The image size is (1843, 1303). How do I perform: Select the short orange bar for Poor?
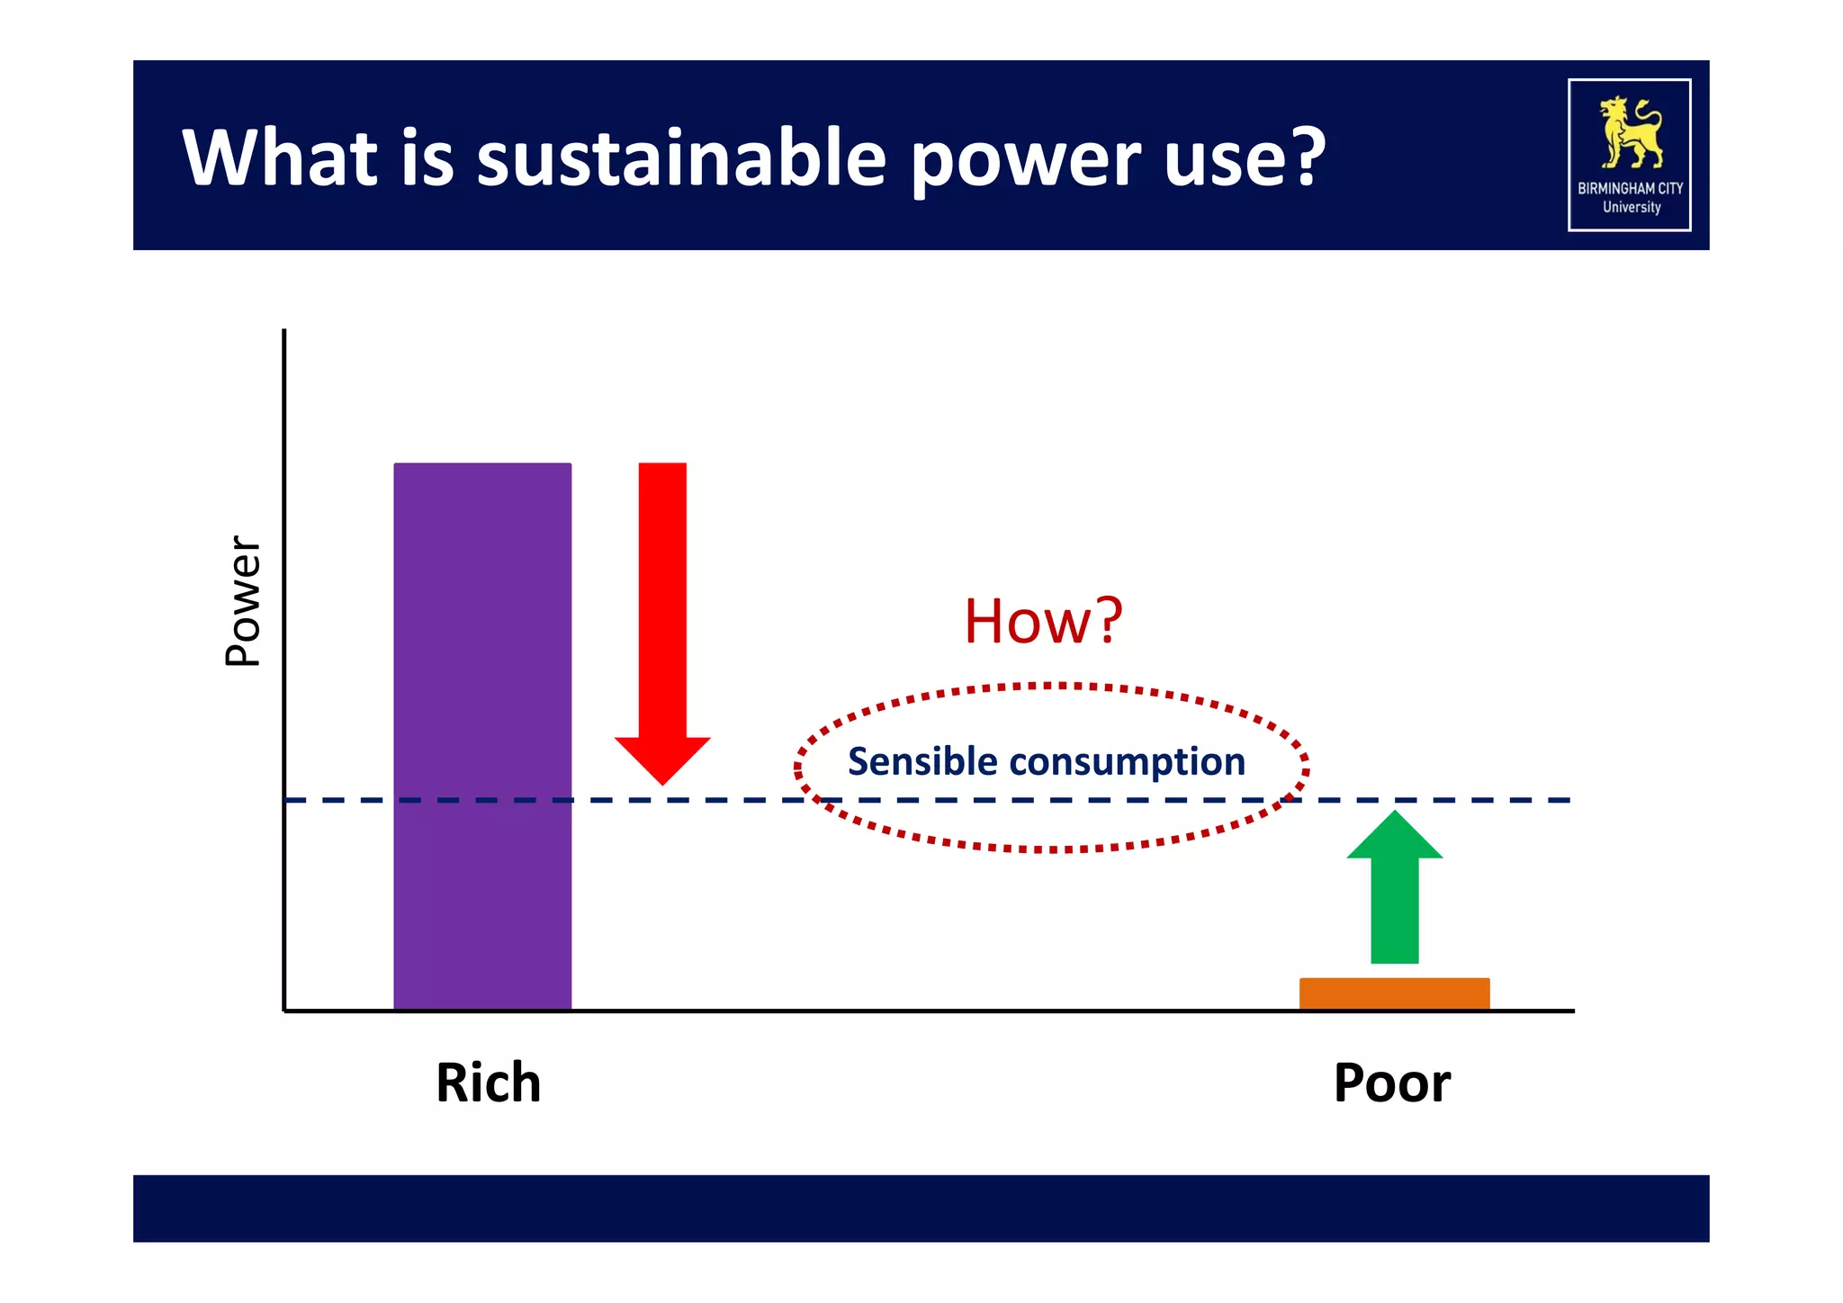[x=1394, y=993]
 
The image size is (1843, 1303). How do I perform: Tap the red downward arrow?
[x=662, y=612]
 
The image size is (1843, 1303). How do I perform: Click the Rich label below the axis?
[x=489, y=1083]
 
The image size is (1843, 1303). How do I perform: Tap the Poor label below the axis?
[x=1391, y=1083]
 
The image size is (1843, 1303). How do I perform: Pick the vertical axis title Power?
[x=242, y=600]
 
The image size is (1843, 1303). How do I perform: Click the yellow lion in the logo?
[x=1630, y=133]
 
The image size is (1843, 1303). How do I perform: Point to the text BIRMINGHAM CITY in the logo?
[x=1630, y=188]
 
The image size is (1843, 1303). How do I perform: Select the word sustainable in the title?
[x=681, y=158]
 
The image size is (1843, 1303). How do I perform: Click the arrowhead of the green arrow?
[x=1394, y=835]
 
